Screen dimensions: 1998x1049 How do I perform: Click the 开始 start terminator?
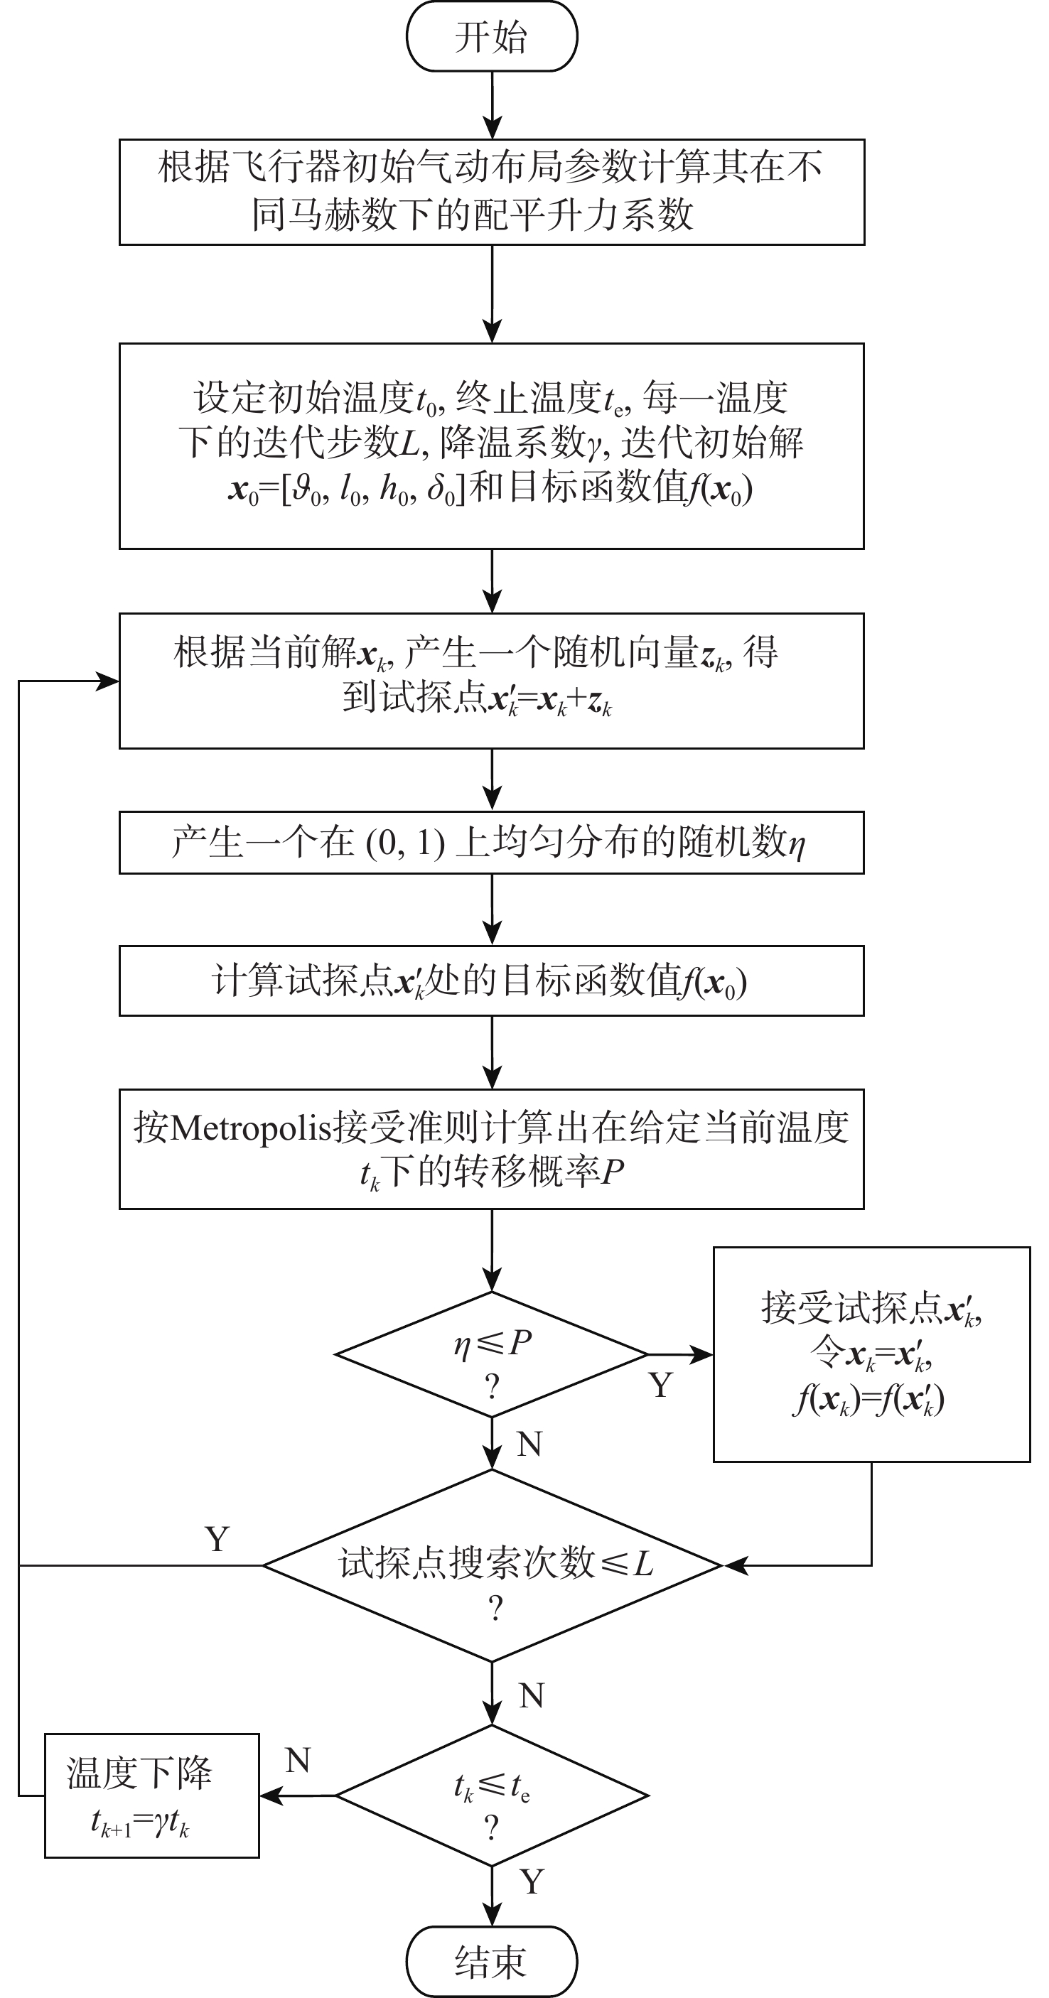coord(491,36)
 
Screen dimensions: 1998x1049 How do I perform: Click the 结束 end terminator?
coord(491,1960)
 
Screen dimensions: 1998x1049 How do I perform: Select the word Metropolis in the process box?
coord(250,1128)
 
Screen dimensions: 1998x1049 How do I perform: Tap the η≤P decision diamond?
coord(491,1354)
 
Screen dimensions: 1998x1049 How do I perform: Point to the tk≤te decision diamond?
coord(491,1795)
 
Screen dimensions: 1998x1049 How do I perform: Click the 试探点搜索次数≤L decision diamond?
coord(493,1565)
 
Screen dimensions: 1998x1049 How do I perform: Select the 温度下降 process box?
coord(151,1795)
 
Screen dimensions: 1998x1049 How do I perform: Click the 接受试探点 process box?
coord(871,1354)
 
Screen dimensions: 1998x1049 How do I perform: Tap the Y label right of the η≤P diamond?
coord(660,1386)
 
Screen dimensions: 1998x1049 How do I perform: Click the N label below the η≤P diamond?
coord(529,1444)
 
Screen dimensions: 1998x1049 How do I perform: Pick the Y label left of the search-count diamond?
coord(217,1539)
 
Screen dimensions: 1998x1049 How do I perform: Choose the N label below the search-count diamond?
coord(532,1696)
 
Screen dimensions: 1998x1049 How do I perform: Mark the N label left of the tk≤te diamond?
coord(298,1761)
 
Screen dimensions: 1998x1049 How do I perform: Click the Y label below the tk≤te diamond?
coord(532,1881)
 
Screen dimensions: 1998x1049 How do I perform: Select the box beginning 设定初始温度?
coord(491,446)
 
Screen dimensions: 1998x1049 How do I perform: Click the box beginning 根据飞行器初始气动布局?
coord(491,192)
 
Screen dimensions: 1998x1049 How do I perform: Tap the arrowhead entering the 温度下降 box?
coord(269,1795)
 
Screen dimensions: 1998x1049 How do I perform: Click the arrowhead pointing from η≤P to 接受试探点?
coord(703,1354)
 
